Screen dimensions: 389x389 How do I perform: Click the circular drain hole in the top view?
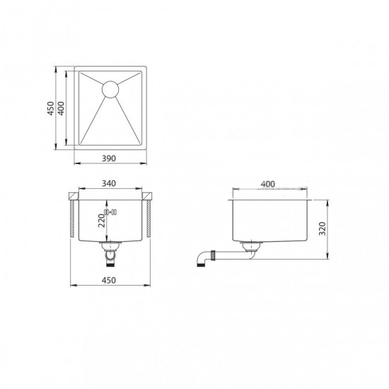110,89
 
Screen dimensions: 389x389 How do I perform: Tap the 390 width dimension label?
109,158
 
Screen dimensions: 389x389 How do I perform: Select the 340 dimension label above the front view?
109,183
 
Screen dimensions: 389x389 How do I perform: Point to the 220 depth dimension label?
102,221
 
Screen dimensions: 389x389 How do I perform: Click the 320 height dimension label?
323,228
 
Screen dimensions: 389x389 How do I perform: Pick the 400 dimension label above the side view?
268,184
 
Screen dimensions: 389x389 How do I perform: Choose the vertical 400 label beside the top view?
61,108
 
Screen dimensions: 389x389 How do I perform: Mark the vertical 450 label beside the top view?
51,108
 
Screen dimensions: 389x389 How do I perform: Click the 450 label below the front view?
109,280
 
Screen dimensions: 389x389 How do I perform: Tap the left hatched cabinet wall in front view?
72,219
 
